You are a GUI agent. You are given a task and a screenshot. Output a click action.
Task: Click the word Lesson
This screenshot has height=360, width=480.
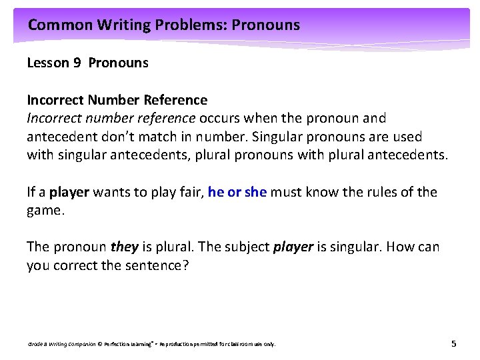click(x=48, y=63)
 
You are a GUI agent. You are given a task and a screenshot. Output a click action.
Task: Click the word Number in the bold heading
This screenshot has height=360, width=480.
click(x=110, y=100)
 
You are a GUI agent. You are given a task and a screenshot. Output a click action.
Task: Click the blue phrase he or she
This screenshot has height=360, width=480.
click(x=237, y=192)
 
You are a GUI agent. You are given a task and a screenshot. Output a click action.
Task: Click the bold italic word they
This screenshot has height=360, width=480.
click(x=125, y=247)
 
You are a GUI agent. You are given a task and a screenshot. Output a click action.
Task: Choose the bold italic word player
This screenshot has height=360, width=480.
click(x=293, y=247)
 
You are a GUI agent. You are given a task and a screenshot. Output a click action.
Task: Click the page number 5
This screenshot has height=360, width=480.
click(x=453, y=343)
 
